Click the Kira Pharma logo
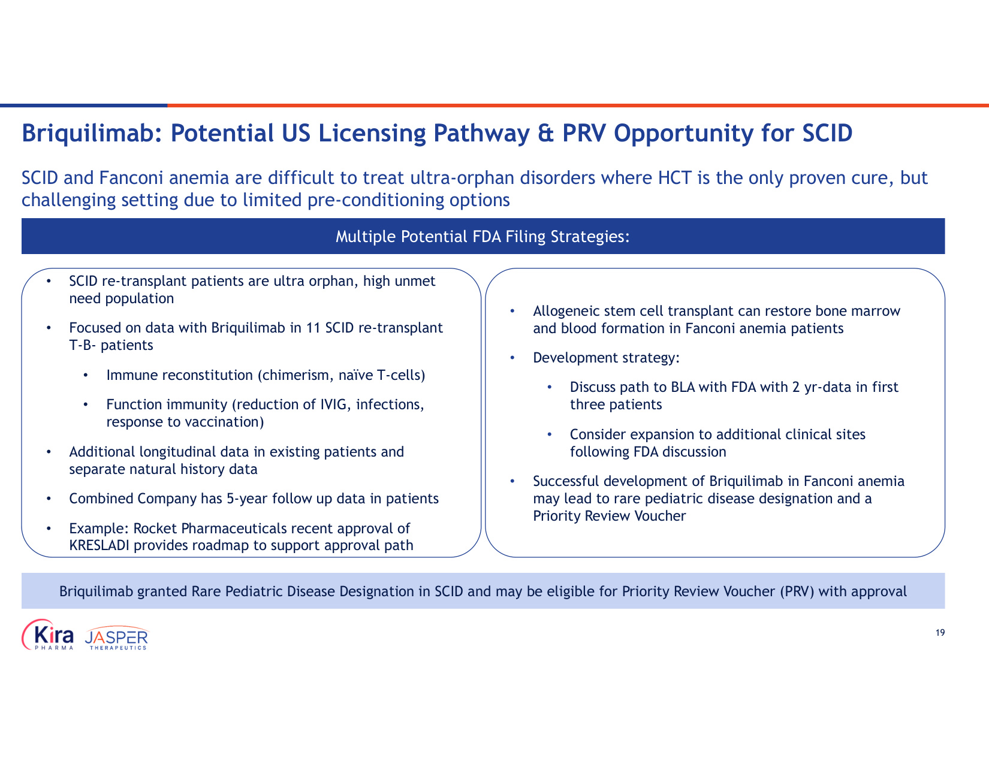pos(48,635)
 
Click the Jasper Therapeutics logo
pos(116,638)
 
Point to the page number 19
pos(940,633)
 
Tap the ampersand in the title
pos(545,133)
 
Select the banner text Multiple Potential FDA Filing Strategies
pos(483,237)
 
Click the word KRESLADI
pos(99,545)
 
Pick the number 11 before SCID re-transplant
pos(313,328)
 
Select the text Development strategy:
pos(606,358)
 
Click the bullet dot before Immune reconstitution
pos(86,375)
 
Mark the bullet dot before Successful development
pos(512,481)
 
